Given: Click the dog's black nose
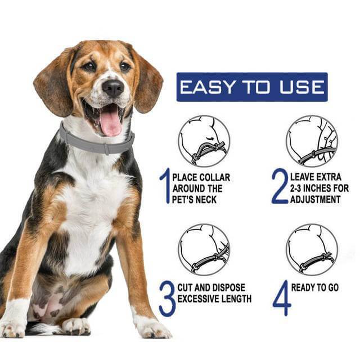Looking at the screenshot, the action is pyautogui.click(x=113, y=88).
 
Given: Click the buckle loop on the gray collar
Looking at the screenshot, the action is pyautogui.click(x=106, y=149).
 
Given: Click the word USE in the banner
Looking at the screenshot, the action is pyautogui.click(x=302, y=87).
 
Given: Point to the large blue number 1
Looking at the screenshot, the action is pyautogui.click(x=165, y=186).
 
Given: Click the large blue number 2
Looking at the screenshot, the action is pyautogui.click(x=280, y=186).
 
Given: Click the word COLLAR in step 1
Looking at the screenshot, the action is pyautogui.click(x=214, y=178).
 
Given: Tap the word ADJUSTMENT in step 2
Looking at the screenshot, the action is pyautogui.click(x=315, y=199).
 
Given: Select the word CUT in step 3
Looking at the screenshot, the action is pyautogui.click(x=186, y=287).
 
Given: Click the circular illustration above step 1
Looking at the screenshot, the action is pyautogui.click(x=204, y=141).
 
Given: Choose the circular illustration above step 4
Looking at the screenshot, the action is pyautogui.click(x=312, y=250).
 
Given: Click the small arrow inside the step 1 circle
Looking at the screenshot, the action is pyautogui.click(x=209, y=138).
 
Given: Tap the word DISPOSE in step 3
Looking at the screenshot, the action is pyautogui.click(x=228, y=287).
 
